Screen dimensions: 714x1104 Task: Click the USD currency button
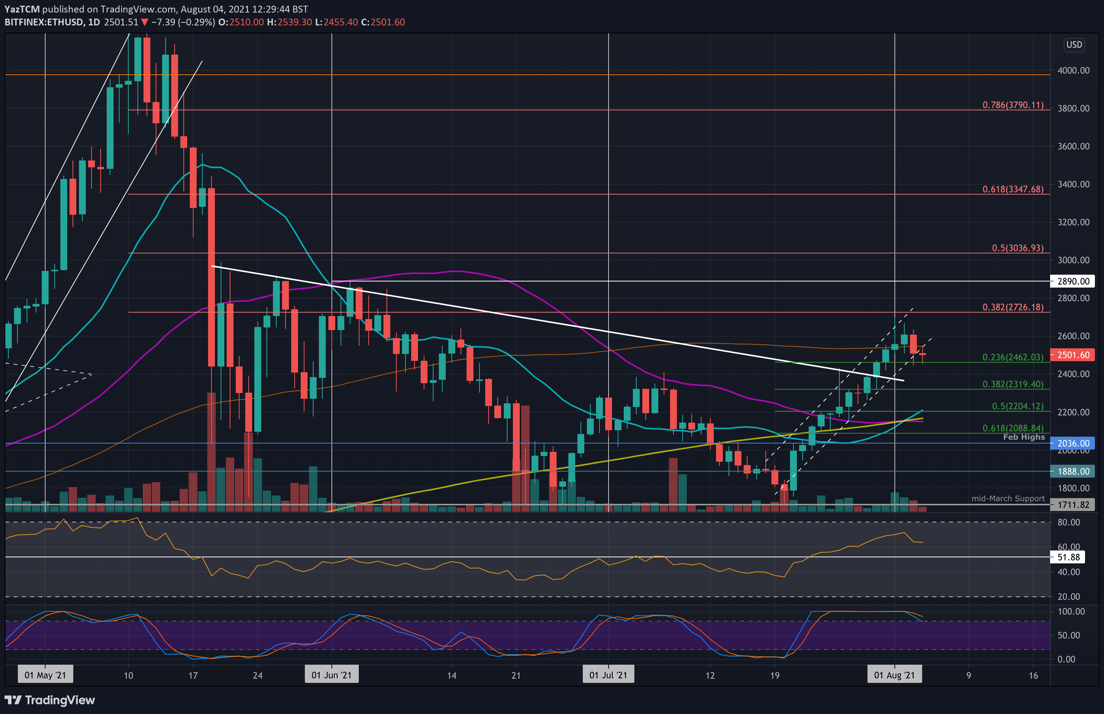(x=1074, y=45)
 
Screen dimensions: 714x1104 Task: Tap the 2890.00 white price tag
(x=1073, y=282)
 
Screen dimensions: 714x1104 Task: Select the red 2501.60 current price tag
(x=1073, y=355)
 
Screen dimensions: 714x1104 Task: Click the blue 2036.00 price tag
(x=1073, y=443)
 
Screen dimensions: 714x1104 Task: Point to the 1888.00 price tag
(x=1073, y=472)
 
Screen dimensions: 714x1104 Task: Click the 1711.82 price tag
(x=1073, y=505)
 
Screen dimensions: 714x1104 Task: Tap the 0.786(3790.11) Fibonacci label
(x=1013, y=105)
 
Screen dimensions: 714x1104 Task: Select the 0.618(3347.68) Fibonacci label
(x=1013, y=189)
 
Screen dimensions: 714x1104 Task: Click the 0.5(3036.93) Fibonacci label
(x=1017, y=248)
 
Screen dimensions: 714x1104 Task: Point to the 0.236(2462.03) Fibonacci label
(x=1013, y=357)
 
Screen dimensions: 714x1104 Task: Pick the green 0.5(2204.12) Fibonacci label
(x=1017, y=406)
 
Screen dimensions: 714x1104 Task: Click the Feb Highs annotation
(x=1024, y=437)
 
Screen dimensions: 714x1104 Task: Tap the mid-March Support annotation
(x=1008, y=499)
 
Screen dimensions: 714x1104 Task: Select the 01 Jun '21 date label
(x=331, y=675)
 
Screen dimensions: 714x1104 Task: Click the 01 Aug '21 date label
(x=894, y=675)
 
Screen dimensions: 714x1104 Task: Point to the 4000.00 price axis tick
(x=1073, y=71)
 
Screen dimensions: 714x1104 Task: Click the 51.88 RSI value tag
(x=1068, y=557)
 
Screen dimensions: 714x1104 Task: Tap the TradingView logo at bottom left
(x=50, y=700)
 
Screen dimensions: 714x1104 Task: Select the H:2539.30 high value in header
(x=289, y=22)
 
